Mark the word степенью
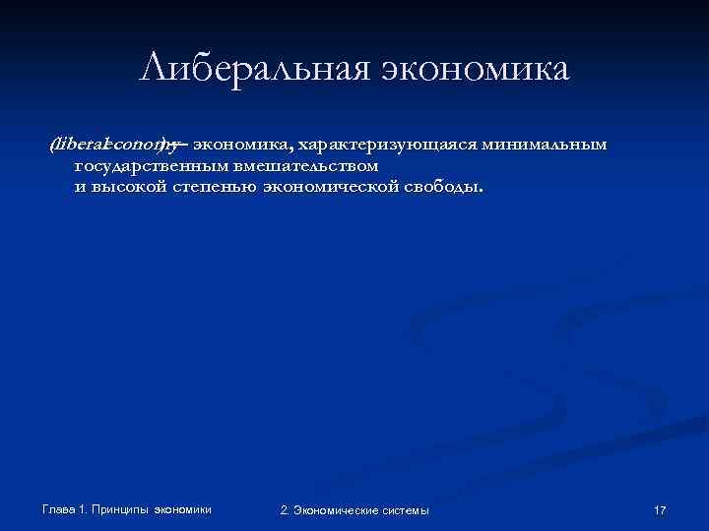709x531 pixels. click(x=214, y=187)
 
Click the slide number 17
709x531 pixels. click(x=660, y=509)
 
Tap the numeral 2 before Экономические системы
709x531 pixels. click(x=284, y=509)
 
